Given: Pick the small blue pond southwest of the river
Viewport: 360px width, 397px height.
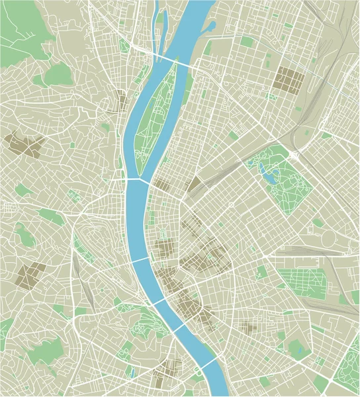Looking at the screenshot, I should (131, 373).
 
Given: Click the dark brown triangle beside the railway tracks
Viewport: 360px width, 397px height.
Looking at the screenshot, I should (195, 183).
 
